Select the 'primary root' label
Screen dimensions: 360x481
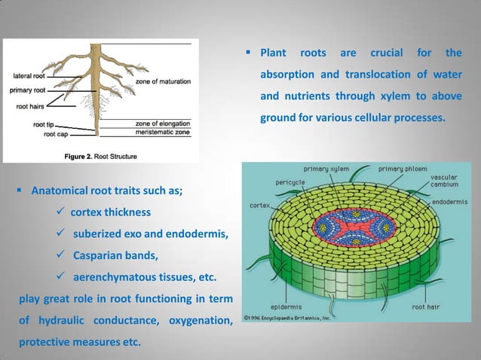(x=31, y=90)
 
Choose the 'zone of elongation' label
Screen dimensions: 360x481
(x=163, y=122)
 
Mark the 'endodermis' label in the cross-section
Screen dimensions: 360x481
(x=455, y=202)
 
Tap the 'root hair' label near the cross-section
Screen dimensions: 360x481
(x=430, y=307)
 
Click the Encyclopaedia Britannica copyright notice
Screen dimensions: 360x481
(x=286, y=318)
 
